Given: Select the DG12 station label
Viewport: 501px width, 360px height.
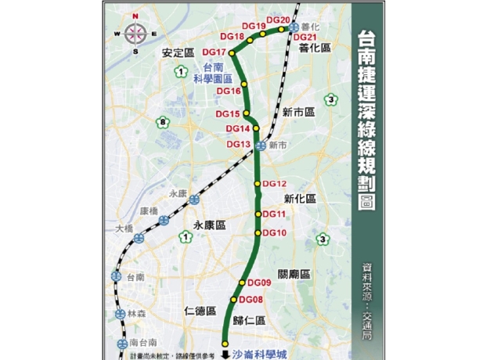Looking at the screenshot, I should point(276,184).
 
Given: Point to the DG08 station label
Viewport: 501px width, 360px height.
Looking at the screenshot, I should point(250,300).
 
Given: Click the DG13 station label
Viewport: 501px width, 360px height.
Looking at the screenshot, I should point(239,144).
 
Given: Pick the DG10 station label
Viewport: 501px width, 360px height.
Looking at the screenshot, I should point(275,232).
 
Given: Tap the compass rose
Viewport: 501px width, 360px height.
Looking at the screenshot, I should point(135,33).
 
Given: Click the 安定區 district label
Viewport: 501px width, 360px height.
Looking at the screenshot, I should point(178,54).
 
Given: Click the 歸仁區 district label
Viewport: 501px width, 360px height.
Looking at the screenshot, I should point(249,320).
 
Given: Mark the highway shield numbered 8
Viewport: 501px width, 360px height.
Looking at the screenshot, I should point(163,122).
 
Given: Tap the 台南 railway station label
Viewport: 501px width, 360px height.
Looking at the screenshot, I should point(135,277).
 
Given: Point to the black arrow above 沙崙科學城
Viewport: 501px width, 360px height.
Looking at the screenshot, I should point(224,353).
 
